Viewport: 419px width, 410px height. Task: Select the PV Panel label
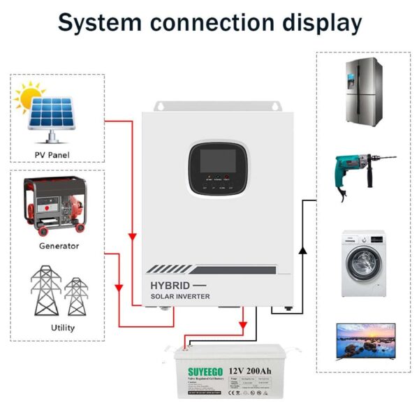point(52,154)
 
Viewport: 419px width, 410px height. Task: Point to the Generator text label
point(59,246)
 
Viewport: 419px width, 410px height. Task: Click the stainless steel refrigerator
point(363,90)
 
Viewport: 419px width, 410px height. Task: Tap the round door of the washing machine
point(362,263)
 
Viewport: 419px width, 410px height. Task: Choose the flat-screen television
point(365,340)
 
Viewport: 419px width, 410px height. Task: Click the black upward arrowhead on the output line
point(302,249)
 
